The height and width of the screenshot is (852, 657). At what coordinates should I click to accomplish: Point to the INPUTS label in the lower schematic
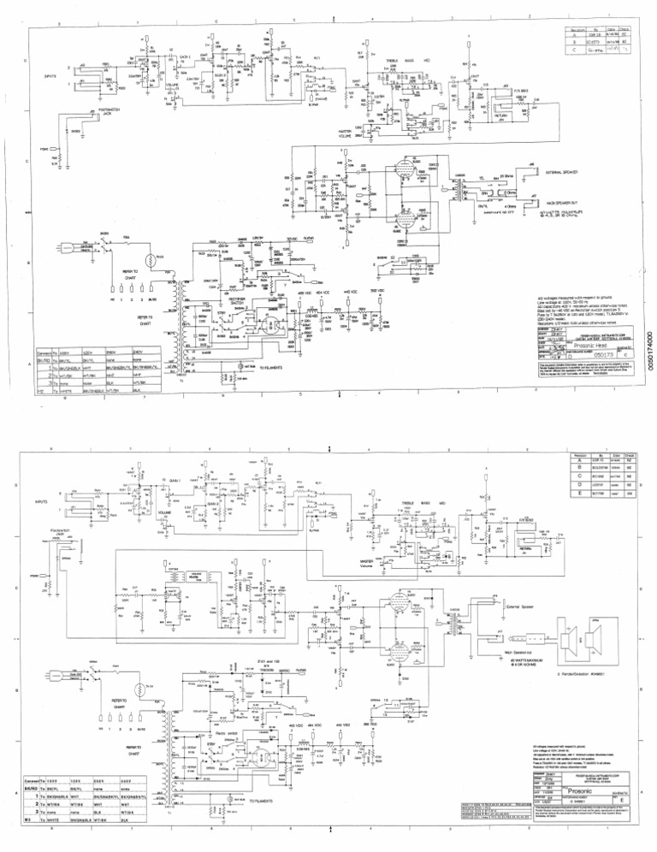coord(42,501)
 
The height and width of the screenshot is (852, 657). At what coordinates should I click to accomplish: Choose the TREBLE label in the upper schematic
coord(396,61)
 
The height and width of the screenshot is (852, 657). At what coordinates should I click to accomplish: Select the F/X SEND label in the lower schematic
coord(508,518)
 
